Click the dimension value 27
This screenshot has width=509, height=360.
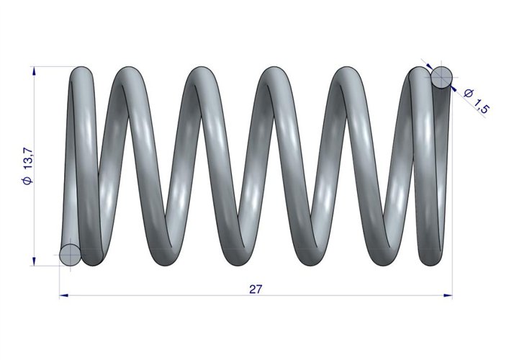click(x=255, y=289)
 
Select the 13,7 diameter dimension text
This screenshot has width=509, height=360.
click(x=28, y=158)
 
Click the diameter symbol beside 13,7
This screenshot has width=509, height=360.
click(x=28, y=180)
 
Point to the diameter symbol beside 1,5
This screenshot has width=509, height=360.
click(x=468, y=94)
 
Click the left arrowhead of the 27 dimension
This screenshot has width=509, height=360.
click(x=64, y=295)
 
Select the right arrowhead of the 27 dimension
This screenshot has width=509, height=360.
click(x=448, y=295)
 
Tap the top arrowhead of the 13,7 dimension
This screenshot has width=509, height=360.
click(x=35, y=71)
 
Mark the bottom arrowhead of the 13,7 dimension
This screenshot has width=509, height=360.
click(x=35, y=261)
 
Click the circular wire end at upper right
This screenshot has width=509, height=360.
click(x=441, y=77)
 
